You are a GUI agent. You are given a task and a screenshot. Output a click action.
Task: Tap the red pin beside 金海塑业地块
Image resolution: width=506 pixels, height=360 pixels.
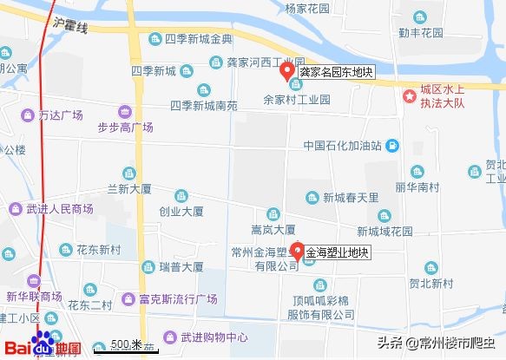click(x=296, y=252)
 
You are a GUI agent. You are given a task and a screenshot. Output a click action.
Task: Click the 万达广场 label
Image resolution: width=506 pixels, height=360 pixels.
click(x=60, y=115)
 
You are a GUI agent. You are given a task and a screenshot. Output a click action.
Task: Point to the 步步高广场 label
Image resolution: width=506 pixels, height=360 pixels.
click(x=125, y=128)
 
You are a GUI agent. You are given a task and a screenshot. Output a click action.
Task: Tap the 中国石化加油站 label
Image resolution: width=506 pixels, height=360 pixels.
click(x=344, y=145)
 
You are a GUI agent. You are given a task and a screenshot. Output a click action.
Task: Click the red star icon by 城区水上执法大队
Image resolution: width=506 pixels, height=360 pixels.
click(x=408, y=95)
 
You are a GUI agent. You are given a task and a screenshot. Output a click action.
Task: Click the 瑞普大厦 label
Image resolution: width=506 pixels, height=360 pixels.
click(x=181, y=267)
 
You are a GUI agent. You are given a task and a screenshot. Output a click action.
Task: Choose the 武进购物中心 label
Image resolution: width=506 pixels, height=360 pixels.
click(x=213, y=337)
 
